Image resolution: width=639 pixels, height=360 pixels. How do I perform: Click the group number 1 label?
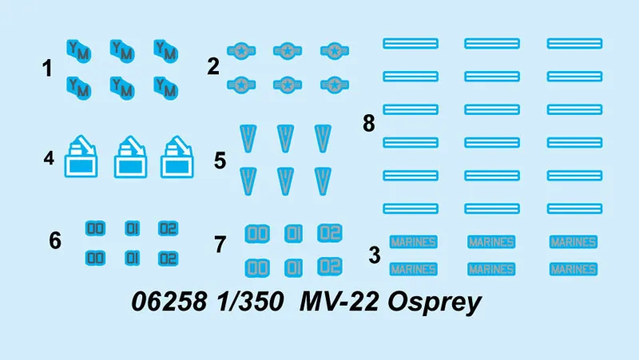47,69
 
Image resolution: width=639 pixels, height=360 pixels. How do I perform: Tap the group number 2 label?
212,67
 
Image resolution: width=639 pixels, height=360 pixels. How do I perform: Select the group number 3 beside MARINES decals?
374,256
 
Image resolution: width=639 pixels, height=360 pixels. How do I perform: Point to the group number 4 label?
49,159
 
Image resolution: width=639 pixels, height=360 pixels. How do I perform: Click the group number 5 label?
220,160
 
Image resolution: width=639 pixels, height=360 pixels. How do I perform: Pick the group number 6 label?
54,239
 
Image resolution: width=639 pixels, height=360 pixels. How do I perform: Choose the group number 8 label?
368,125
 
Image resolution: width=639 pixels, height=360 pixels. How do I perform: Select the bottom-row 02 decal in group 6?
168,259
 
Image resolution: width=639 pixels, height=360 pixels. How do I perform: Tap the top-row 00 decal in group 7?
256,233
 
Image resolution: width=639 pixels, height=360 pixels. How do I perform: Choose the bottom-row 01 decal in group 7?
293,267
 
